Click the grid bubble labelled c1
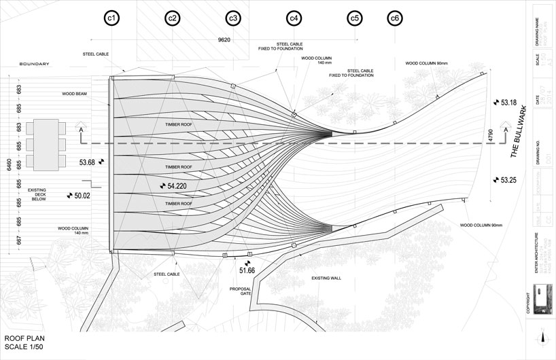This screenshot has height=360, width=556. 111,19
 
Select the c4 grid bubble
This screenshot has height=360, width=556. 294,19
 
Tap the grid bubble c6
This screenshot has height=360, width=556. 396,19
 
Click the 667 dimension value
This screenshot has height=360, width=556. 20,240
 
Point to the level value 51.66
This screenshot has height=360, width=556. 247,270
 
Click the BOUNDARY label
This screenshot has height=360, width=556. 34,64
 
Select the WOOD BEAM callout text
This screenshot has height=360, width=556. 76,94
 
